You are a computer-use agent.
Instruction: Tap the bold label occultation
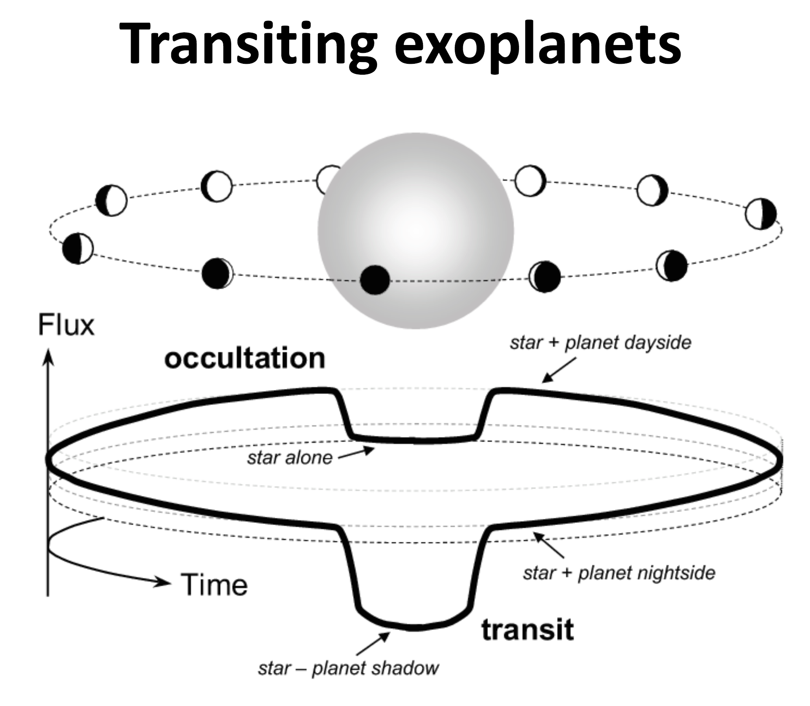[245, 359]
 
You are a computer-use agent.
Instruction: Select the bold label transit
[527, 630]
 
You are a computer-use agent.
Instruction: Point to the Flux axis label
[66, 325]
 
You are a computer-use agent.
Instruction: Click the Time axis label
[214, 585]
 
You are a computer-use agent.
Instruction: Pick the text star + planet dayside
[601, 343]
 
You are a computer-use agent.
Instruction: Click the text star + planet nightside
[619, 573]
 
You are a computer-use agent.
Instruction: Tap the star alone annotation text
[290, 458]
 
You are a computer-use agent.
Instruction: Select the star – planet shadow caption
[348, 668]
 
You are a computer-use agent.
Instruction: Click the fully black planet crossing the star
[374, 280]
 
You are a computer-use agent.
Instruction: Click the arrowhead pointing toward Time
[162, 582]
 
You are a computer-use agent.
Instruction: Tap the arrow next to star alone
[357, 453]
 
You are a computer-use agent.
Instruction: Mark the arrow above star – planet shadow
[373, 643]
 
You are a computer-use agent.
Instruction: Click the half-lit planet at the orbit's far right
[761, 215]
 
